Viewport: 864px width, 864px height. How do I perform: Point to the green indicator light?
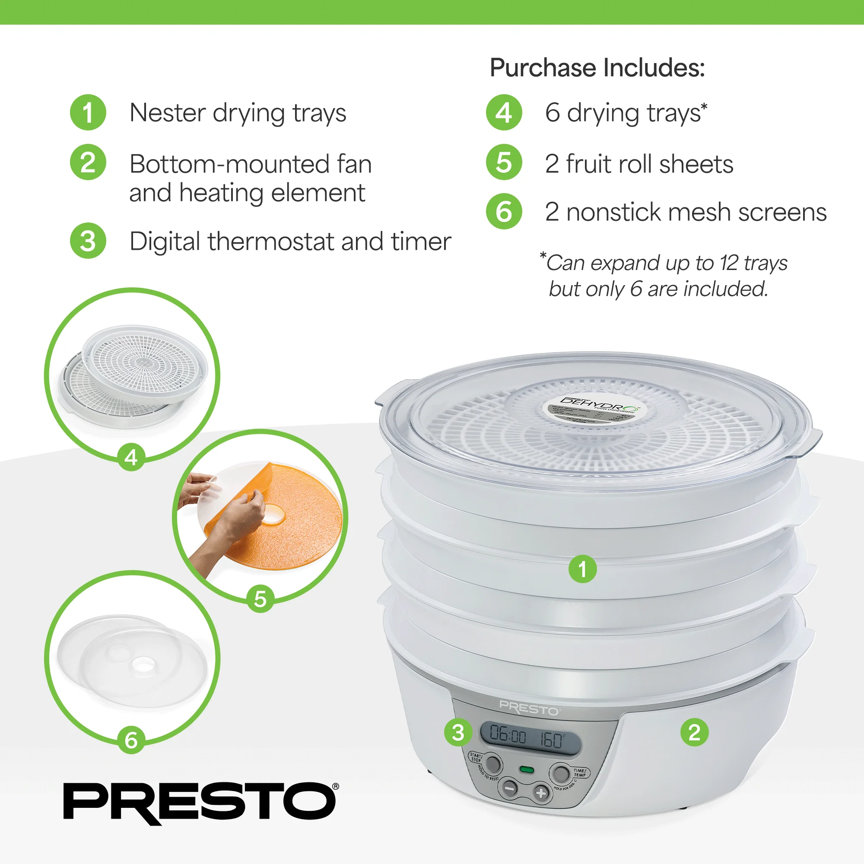pos(526,770)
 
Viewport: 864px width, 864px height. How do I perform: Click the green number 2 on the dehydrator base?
pos(694,733)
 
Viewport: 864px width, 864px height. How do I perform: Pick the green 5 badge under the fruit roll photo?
pos(260,599)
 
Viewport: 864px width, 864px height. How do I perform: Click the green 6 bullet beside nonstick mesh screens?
pos(504,212)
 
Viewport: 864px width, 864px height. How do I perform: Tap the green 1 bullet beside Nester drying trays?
pos(88,113)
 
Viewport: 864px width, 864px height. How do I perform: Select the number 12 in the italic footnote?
pos(729,263)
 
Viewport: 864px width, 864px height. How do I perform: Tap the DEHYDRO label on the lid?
pos(594,405)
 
